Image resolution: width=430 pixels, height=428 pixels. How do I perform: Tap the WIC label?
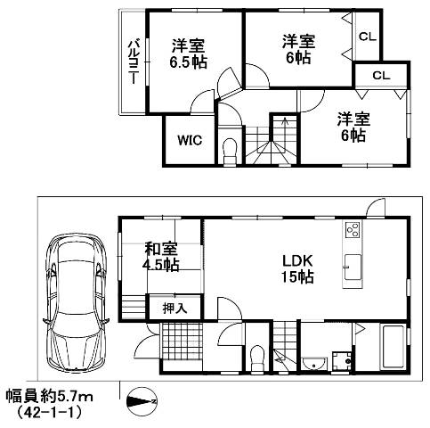click(188, 139)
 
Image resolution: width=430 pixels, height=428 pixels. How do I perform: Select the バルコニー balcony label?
click(132, 61)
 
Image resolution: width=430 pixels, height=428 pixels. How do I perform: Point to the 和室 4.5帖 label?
click(160, 257)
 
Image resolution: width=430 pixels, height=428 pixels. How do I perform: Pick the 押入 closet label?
click(174, 308)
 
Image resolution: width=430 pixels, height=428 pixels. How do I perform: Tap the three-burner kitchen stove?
click(352, 231)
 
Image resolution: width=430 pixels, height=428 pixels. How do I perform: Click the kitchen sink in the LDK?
click(352, 267)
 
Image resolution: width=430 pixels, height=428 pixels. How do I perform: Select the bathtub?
click(392, 350)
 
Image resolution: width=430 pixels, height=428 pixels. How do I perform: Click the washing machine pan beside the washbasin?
click(339, 361)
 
